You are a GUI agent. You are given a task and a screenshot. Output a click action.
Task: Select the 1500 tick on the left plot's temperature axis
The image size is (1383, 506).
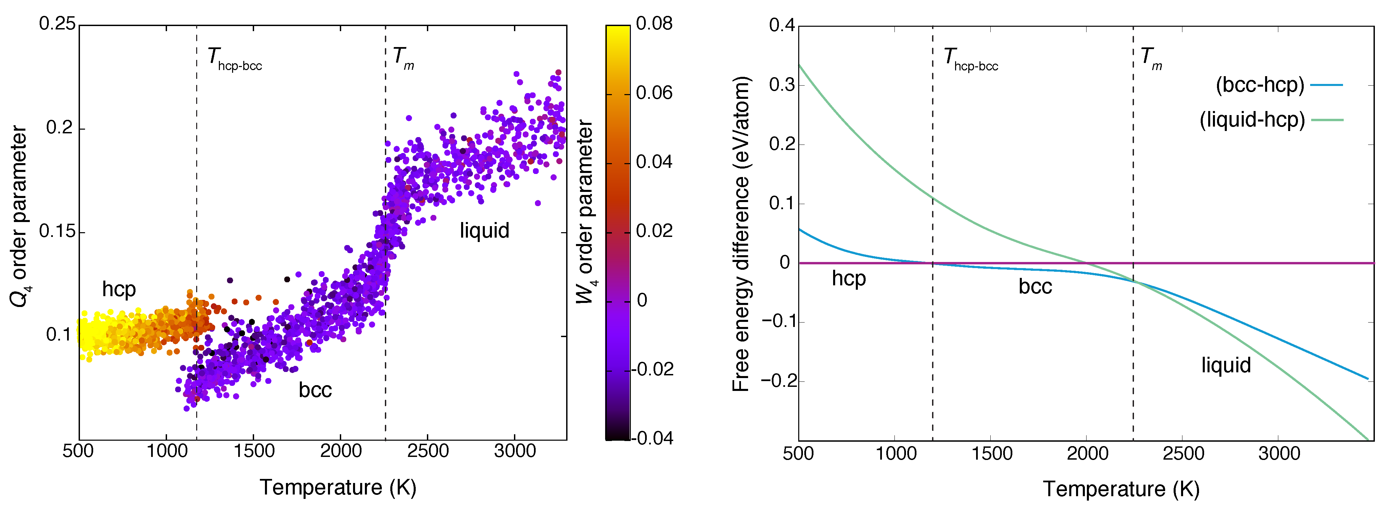pos(253,451)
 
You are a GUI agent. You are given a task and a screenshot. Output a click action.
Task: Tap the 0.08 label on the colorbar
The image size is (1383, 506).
pos(654,24)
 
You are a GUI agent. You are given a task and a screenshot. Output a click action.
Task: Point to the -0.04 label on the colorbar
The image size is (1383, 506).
pos(652,438)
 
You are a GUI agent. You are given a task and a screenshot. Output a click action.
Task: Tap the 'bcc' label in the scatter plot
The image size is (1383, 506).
pos(315,390)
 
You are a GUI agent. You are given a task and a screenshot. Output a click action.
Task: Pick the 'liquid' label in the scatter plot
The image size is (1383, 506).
pos(484,231)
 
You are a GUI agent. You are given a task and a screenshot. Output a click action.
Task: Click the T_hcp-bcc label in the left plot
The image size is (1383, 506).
pos(234,59)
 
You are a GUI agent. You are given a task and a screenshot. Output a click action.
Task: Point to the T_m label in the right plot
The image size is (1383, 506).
pos(1151,59)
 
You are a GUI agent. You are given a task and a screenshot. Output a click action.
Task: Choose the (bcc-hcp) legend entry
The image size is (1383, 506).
pos(1260,85)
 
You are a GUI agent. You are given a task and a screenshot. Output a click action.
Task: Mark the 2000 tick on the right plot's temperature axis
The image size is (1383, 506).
pos(1087,454)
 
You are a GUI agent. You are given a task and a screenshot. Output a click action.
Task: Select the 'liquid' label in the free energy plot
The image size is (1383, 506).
pos(1226,366)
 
